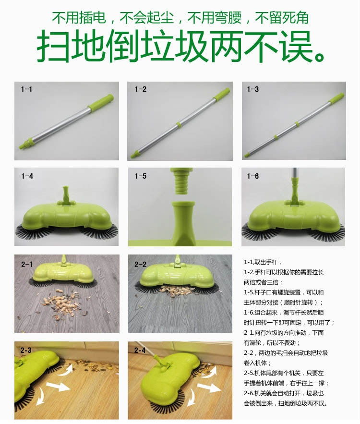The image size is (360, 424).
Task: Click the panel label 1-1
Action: click(27, 89)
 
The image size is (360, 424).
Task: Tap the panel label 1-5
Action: click(141, 176)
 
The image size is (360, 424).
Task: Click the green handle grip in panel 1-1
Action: click(102, 102)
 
